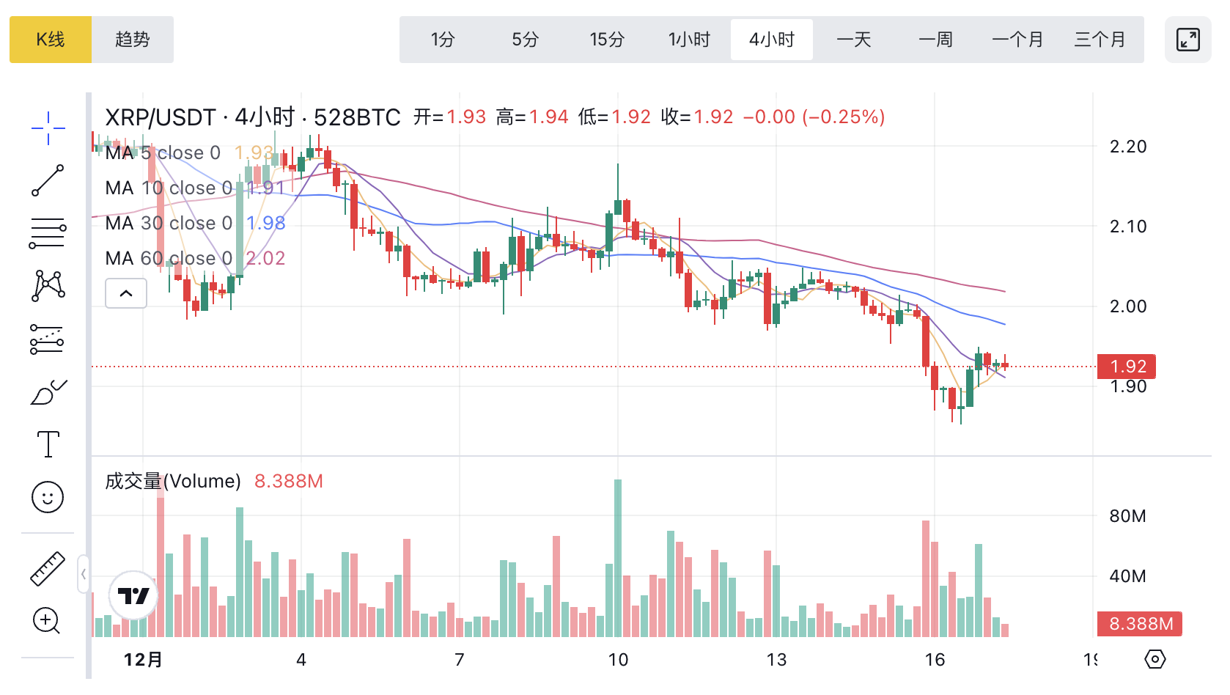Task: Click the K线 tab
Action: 51,40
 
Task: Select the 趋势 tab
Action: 133,40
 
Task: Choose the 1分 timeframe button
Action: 443,40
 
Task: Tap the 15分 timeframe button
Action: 607,40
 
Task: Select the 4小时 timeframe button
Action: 772,40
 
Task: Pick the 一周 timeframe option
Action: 936,40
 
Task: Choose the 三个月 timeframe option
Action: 1100,40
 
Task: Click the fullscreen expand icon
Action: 1187,40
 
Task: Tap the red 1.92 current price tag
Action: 1127,366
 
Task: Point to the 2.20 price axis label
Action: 1128,147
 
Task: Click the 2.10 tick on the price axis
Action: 1128,227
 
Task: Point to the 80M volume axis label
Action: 1127,516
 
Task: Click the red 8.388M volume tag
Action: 1140,624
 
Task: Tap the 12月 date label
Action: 143,660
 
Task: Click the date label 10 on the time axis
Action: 618,660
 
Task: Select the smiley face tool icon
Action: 48,498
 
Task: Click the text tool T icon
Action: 48,444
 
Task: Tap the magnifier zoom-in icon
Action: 47,621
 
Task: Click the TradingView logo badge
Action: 133,596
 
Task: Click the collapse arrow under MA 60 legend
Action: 126,293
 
